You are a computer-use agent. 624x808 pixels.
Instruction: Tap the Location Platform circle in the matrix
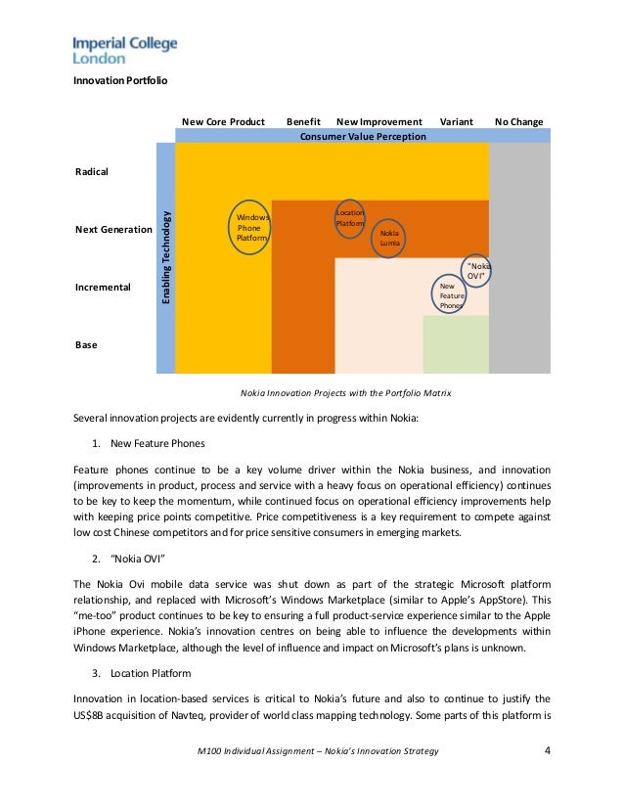click(x=350, y=217)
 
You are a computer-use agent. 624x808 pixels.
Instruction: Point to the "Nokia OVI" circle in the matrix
click(x=476, y=271)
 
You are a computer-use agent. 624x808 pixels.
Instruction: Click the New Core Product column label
click(x=223, y=122)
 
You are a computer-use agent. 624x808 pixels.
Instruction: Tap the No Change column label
click(x=519, y=122)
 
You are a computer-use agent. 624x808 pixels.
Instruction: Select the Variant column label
click(x=457, y=122)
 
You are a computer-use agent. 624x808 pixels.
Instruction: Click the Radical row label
click(x=92, y=171)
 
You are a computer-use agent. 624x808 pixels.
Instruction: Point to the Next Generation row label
click(x=113, y=230)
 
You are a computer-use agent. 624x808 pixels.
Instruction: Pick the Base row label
click(x=86, y=345)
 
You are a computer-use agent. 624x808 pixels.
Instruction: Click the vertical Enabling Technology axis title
click(x=166, y=256)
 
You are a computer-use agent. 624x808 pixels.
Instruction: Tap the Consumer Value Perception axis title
click(x=362, y=137)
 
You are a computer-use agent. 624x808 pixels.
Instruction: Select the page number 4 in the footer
click(x=547, y=750)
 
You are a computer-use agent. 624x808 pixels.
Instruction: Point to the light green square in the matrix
click(x=456, y=344)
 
